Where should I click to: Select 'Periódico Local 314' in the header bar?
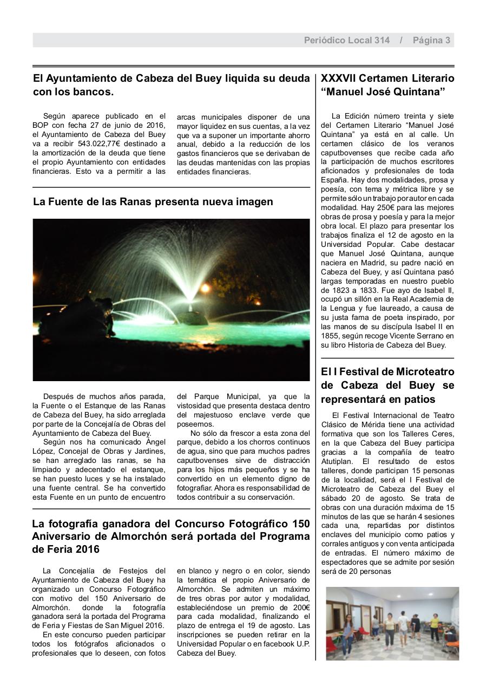point(346,40)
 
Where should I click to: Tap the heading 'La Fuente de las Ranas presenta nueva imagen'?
point(153,202)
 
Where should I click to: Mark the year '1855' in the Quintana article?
point(330,336)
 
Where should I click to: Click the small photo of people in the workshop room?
point(392,623)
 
